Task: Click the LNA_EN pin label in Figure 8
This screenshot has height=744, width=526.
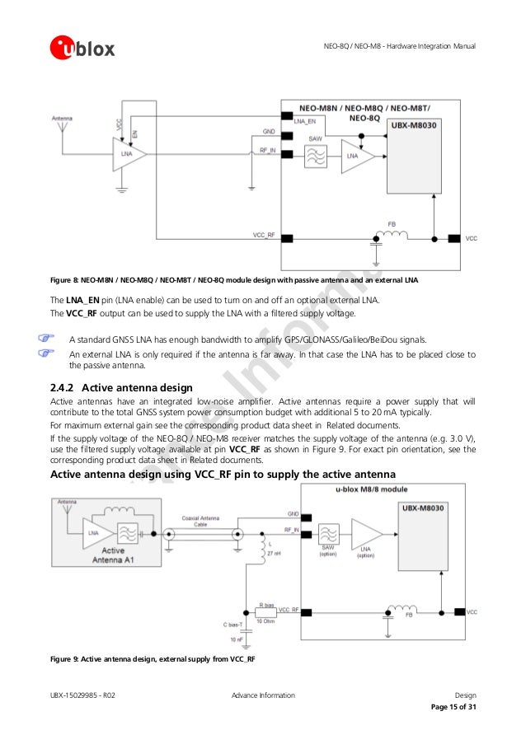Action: pos(304,121)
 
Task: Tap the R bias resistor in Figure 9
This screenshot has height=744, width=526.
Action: pos(266,611)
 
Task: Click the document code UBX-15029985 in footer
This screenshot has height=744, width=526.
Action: pos(82,696)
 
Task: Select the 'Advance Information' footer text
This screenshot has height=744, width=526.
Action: pos(263,696)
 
